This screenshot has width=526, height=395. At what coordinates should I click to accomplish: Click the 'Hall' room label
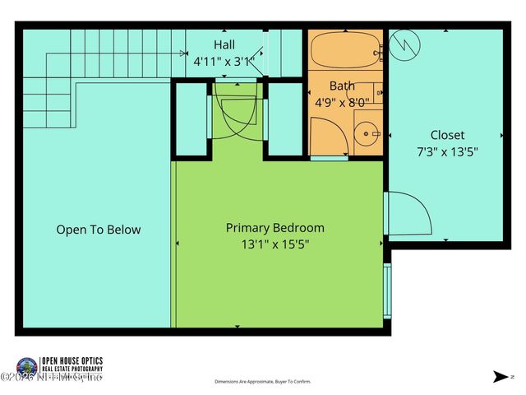[224, 44]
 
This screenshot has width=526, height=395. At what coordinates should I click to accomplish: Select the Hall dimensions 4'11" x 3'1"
[224, 61]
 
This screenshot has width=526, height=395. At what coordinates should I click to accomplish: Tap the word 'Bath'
[342, 86]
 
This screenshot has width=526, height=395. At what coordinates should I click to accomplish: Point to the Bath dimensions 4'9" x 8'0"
[342, 103]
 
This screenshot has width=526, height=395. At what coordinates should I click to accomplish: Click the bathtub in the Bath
[345, 49]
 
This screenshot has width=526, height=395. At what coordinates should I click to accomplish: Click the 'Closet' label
[447, 135]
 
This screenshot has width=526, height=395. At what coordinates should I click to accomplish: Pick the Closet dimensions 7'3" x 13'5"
[447, 151]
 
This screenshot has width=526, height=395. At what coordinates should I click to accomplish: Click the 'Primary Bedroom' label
[275, 228]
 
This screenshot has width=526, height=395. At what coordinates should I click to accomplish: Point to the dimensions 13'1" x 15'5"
[275, 244]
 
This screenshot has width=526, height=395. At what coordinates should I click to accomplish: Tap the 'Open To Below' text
[98, 230]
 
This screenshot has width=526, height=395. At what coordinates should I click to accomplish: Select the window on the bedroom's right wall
[387, 290]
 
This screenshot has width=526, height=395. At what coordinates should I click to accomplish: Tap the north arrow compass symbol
[499, 376]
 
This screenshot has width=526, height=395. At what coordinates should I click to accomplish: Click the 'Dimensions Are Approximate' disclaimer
[262, 382]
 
